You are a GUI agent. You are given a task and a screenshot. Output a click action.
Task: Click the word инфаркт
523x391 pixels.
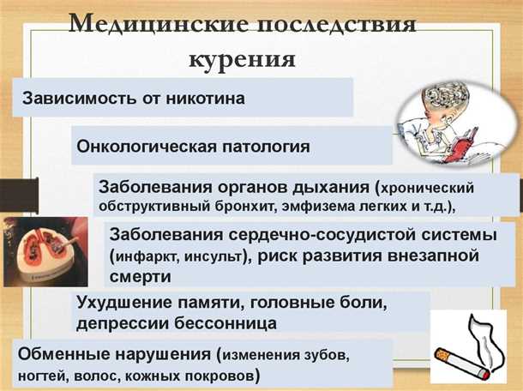coord(147,257)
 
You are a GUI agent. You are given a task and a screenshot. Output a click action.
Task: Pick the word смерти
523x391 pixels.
coord(141,277)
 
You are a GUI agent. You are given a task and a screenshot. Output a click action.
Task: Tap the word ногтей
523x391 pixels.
coord(41,375)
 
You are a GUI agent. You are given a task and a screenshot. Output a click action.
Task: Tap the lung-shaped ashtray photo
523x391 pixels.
coord(39,252)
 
